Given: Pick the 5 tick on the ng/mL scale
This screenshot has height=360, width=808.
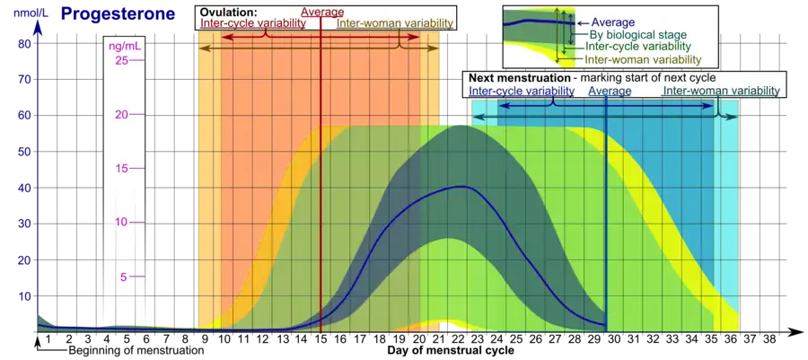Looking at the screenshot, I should pyautogui.click(x=124, y=277).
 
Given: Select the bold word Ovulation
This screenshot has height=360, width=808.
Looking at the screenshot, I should pyautogui.click(x=229, y=12).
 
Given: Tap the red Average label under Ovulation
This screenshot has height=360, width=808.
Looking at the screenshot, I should pyautogui.click(x=321, y=12).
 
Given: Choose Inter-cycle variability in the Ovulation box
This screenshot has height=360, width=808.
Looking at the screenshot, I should pyautogui.click(x=252, y=23).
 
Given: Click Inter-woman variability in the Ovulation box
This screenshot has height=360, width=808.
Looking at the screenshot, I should pyautogui.click(x=395, y=23).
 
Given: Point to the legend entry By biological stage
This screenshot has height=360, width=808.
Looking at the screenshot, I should pyautogui.click(x=628, y=33).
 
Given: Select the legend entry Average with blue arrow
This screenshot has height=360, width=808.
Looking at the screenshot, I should pyautogui.click(x=615, y=22).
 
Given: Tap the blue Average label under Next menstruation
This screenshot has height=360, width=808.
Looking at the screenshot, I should pyautogui.click(x=610, y=91).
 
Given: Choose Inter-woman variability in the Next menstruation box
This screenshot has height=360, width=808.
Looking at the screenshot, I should pyautogui.click(x=722, y=91).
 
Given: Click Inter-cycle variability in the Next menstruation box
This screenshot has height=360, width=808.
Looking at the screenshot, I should pyautogui.click(x=522, y=91).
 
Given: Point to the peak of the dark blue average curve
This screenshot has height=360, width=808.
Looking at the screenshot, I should pyautogui.click(x=461, y=186).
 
